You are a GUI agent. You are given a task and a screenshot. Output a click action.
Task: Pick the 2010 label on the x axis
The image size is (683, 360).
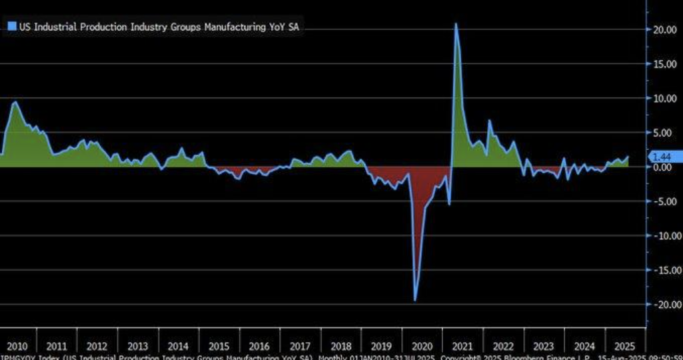point(17,346)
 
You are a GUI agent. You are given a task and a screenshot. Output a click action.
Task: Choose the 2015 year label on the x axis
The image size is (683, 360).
point(219,346)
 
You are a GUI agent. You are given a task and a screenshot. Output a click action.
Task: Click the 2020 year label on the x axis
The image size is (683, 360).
point(422,346)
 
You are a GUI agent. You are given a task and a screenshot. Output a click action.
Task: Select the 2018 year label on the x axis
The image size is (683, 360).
point(341,346)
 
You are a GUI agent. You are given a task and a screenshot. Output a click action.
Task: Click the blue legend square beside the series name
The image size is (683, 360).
point(11,27)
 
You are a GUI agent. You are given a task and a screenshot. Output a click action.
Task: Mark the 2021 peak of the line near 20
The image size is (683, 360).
point(456,24)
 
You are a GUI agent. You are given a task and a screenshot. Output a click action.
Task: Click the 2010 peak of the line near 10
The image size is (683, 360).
point(15,102)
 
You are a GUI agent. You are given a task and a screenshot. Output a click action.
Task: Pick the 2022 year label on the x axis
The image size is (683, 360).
point(503,346)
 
